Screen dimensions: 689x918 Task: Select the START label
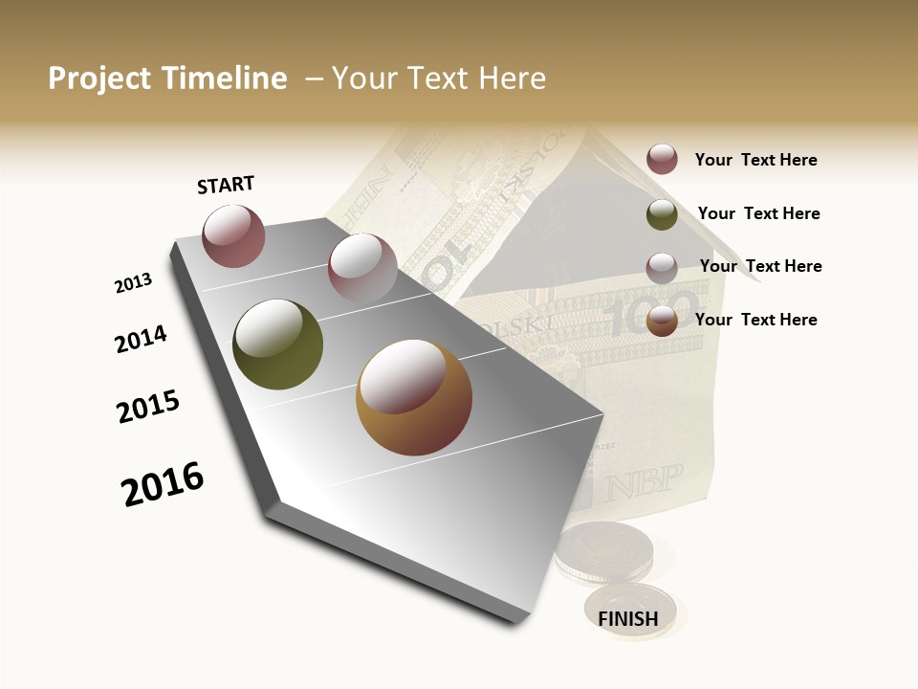(226, 185)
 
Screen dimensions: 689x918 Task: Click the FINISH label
(628, 619)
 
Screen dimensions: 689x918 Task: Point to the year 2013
(133, 283)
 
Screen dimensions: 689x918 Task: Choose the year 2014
(141, 339)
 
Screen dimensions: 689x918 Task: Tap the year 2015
(148, 407)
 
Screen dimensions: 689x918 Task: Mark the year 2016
(163, 484)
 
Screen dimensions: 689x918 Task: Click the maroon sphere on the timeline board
(233, 235)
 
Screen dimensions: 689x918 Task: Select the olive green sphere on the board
(277, 344)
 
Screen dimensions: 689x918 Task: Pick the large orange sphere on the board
(414, 397)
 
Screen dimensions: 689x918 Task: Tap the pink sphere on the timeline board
(361, 268)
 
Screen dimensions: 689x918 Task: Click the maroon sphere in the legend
(662, 159)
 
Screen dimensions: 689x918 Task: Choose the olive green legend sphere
(662, 214)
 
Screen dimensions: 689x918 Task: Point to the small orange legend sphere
(662, 322)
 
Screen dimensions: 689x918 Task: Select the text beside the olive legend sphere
(758, 213)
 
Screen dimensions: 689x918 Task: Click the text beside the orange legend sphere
(755, 320)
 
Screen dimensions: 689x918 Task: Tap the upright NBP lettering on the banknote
(643, 478)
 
